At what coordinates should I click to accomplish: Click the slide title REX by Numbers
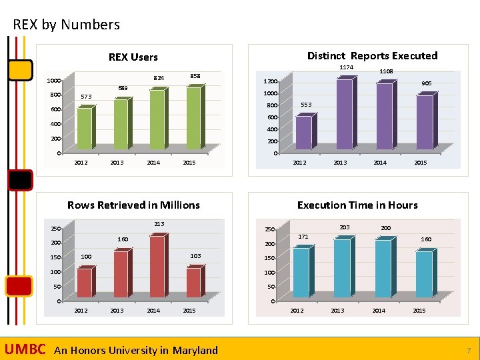click(67, 25)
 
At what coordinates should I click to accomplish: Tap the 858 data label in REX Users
click(196, 76)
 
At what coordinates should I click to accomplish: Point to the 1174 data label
click(347, 67)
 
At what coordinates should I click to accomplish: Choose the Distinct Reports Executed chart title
click(372, 56)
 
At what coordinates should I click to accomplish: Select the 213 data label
click(159, 223)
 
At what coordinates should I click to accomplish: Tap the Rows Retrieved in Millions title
click(133, 205)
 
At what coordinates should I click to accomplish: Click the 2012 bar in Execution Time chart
click(301, 272)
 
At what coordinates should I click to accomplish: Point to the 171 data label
click(303, 237)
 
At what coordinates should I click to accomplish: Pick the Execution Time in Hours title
click(357, 205)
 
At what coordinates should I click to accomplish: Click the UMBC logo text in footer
click(25, 350)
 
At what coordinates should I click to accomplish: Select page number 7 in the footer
click(469, 351)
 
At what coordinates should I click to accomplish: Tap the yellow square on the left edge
click(20, 69)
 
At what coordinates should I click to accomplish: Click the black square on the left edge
click(20, 181)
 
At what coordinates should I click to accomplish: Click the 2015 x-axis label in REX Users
click(189, 163)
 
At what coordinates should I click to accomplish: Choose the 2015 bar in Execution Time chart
click(424, 273)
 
